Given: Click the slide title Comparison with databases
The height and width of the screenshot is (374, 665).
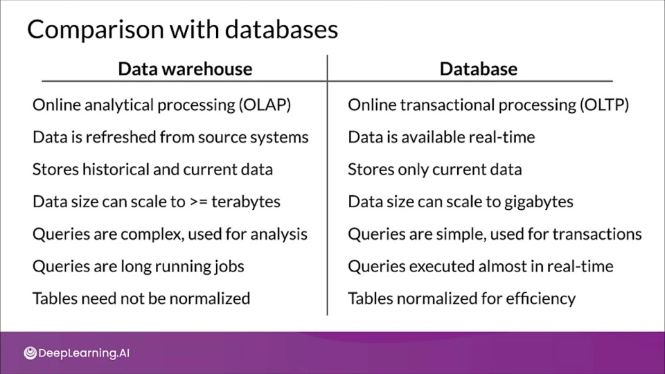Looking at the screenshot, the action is coord(182,30).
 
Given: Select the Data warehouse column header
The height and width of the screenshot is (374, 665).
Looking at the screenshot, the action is coord(185,69).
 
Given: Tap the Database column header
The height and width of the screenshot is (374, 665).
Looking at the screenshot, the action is coord(479,69).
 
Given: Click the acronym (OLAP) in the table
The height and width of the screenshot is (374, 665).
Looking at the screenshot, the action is coord(265,105).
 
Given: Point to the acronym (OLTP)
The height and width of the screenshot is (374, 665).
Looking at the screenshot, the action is coord(604,105).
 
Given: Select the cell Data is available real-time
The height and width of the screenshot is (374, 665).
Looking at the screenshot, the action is coord(441,137).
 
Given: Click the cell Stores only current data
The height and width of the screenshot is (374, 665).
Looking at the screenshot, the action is coord(435,170).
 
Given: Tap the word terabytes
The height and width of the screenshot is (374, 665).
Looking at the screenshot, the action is coord(246,202).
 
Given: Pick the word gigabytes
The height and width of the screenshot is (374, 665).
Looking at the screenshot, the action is coord(539,202).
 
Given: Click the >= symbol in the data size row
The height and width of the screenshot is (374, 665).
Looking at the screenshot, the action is coord(199,202).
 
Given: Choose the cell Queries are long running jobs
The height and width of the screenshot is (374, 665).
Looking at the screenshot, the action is coord(139,266).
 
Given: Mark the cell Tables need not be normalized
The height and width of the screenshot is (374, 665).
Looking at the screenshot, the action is coord(141,299).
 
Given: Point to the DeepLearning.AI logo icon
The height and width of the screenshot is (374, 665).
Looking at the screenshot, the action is coord(30,353).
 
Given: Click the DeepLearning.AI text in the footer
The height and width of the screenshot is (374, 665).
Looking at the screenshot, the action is coord(84,353).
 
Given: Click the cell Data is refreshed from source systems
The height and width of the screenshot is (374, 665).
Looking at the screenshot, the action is coord(170,137).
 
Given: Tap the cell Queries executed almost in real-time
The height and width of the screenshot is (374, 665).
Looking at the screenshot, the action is coord(481,266).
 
